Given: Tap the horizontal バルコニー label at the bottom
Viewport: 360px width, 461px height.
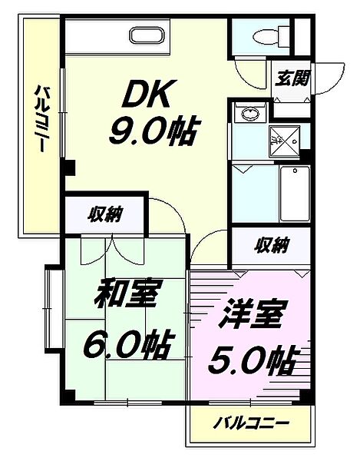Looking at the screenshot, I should [251, 423].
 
